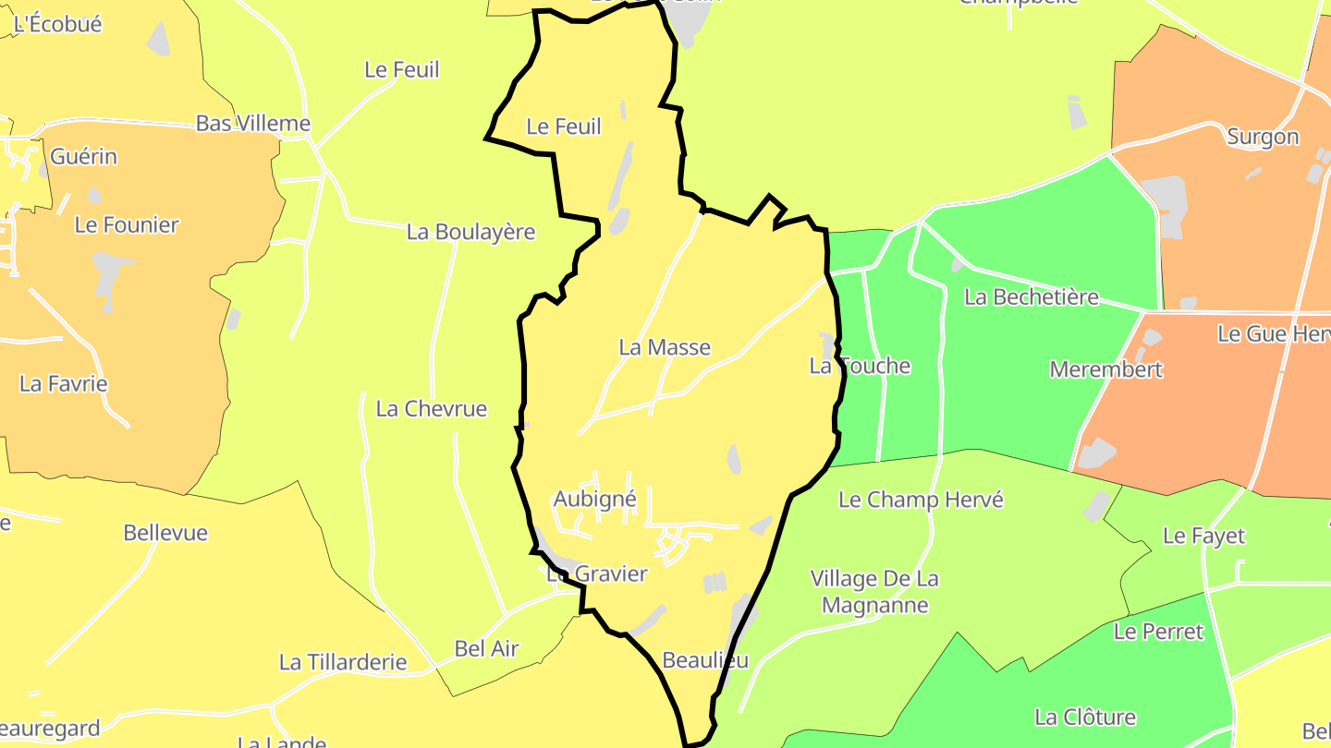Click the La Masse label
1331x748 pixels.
tap(665, 347)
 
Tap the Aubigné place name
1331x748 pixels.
tap(594, 500)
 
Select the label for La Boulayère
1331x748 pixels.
tap(470, 232)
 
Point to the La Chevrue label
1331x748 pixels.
tap(431, 408)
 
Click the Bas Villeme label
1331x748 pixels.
tap(252, 123)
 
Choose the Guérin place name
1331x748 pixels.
tap(83, 156)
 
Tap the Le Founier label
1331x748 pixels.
tap(127, 224)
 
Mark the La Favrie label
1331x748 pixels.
tap(64, 383)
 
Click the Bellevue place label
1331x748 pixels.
tap(165, 533)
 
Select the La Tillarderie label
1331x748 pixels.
tap(343, 662)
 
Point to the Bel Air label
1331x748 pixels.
tap(486, 648)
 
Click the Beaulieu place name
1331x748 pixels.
tap(705, 659)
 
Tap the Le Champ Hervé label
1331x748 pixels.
tap(921, 500)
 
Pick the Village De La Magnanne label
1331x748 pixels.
tap(874, 592)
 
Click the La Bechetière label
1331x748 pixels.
tap(1031, 296)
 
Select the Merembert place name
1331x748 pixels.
tap(1105, 369)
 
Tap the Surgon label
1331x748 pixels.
tap(1263, 137)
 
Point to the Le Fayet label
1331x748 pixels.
tap(1203, 536)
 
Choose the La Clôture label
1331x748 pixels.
tap(1085, 717)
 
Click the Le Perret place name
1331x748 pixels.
tap(1158, 632)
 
